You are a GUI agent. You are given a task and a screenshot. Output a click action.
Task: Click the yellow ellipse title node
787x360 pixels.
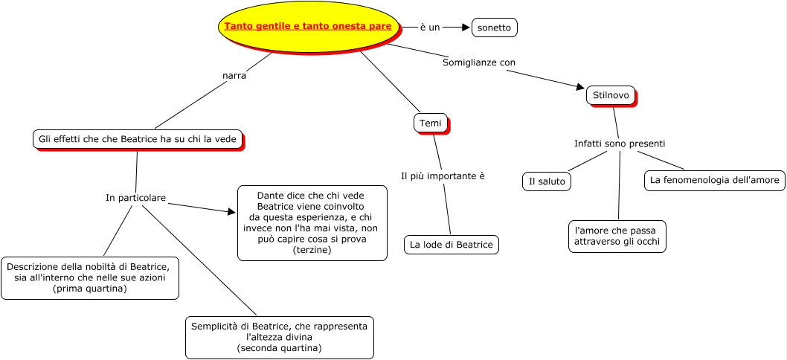pyautogui.click(x=308, y=27)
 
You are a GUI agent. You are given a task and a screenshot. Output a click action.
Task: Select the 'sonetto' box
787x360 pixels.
pyautogui.click(x=494, y=28)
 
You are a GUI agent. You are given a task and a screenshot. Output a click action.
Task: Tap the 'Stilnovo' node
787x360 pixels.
pyautogui.click(x=611, y=95)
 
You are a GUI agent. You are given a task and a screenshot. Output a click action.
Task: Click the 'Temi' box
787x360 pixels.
pyautogui.click(x=430, y=123)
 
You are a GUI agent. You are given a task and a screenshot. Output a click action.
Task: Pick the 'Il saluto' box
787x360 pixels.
pyautogui.click(x=547, y=181)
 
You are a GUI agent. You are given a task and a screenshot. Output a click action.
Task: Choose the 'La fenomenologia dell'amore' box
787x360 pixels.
pyautogui.click(x=714, y=180)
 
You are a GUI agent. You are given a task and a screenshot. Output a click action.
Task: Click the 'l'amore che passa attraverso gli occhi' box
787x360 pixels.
pyautogui.click(x=617, y=237)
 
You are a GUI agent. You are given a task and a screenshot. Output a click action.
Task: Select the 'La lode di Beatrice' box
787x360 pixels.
pyautogui.click(x=452, y=244)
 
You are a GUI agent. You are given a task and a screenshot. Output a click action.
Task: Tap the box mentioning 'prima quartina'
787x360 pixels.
pyautogui.click(x=90, y=277)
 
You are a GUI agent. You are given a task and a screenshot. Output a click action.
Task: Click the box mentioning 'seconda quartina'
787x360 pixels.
pyautogui.click(x=279, y=337)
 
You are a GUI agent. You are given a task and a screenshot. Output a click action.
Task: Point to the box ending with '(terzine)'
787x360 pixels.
pyautogui.click(x=312, y=223)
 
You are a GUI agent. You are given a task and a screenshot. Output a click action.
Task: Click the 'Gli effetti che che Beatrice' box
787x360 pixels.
pyautogui.click(x=137, y=139)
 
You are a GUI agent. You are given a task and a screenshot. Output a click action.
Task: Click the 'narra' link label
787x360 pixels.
pyautogui.click(x=234, y=75)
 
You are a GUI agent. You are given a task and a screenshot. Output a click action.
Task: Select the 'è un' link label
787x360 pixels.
pyautogui.click(x=430, y=28)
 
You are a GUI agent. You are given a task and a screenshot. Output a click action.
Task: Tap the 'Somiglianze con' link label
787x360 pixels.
pyautogui.click(x=478, y=62)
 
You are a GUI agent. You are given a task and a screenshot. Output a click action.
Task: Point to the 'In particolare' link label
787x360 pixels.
pyautogui.click(x=135, y=198)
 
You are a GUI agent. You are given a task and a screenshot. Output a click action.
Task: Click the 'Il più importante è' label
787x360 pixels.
pyautogui.click(x=443, y=176)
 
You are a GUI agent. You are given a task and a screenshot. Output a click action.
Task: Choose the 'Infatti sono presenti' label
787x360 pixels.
pyautogui.click(x=619, y=143)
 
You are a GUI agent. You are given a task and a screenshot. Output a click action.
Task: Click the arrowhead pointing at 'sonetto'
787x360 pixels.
pyautogui.click(x=466, y=28)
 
